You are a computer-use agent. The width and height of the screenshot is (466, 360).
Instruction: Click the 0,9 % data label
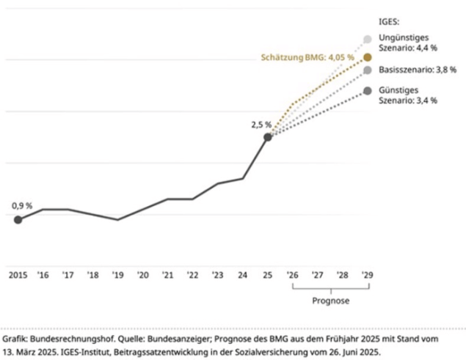(x=21, y=206)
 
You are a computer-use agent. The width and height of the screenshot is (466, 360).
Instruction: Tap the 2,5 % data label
(x=261, y=125)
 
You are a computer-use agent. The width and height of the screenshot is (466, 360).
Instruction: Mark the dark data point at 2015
(x=18, y=219)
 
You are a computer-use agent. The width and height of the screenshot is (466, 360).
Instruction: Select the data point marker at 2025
(x=268, y=137)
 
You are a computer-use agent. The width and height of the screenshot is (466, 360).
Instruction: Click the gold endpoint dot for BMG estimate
(x=368, y=56)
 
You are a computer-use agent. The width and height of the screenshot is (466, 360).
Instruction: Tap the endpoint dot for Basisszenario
(x=368, y=70)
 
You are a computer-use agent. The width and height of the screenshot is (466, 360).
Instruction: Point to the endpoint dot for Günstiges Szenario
(x=368, y=91)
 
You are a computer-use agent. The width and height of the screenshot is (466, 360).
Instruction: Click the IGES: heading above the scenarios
(x=388, y=23)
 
